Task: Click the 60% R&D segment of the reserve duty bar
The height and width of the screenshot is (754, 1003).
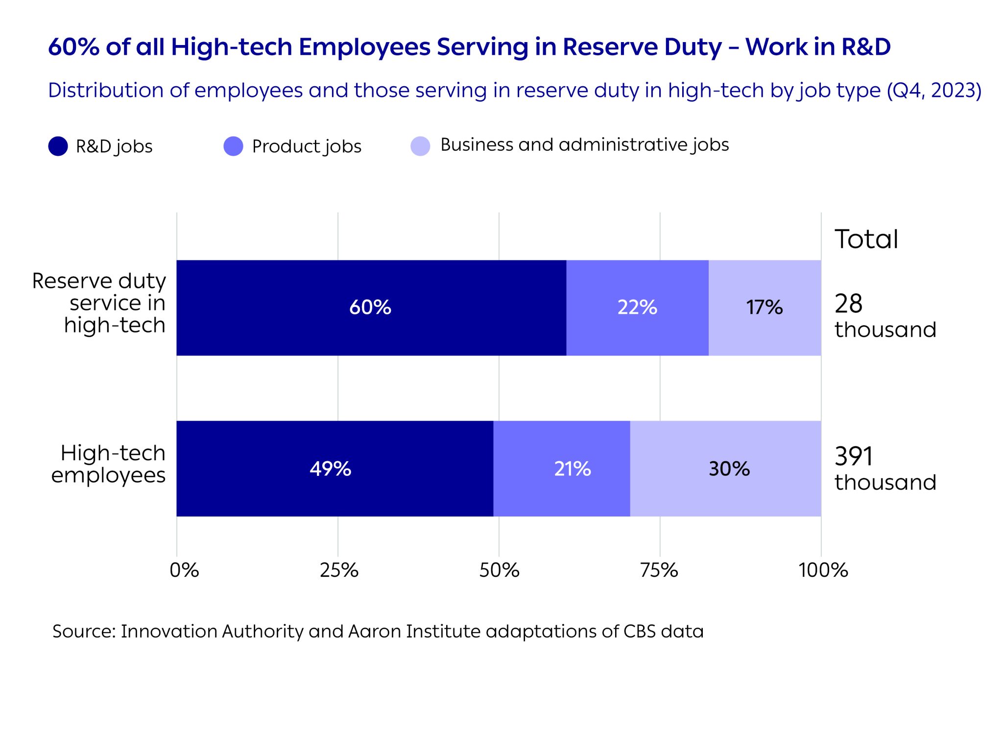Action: pos(371,307)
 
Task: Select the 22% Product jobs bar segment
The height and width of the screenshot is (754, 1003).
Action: pos(637,307)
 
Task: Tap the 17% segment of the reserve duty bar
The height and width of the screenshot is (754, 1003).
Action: pos(764,307)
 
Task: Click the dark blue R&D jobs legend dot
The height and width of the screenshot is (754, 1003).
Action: pos(58,146)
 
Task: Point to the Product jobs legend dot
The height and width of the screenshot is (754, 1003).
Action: pos(233,146)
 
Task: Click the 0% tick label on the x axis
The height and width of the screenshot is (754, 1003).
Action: pos(184,570)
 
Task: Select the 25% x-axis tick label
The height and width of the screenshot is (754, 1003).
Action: pos(339,570)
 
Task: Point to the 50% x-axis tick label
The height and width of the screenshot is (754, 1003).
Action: pos(499,570)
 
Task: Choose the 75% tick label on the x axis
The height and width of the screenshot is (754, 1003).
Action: pos(659,570)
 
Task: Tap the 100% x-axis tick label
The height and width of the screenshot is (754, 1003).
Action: pos(823,570)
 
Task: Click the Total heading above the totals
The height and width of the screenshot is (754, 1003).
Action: pos(866,239)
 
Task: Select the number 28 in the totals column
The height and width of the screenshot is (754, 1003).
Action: pos(848,304)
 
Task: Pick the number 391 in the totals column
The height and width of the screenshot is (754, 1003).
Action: pos(854,456)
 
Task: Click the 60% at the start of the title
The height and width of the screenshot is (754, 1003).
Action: pos(73,47)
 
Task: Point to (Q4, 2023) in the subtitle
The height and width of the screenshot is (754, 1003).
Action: pos(934,91)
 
